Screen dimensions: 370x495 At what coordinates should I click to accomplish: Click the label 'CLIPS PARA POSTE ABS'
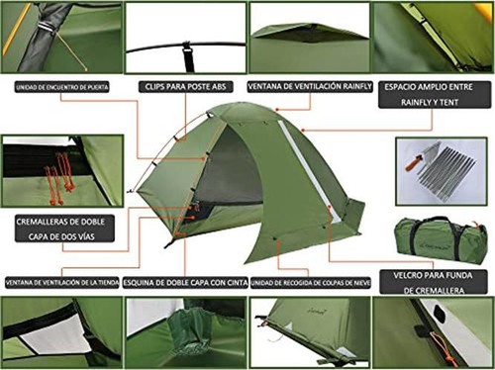coord(184,85)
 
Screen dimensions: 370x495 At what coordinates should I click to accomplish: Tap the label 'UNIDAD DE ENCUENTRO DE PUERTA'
coord(62,86)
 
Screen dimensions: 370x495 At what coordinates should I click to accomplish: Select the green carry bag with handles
coord(440,238)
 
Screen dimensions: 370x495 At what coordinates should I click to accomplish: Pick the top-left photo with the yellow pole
coord(61,37)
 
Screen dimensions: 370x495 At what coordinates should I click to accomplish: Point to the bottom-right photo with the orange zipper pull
coord(433,330)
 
